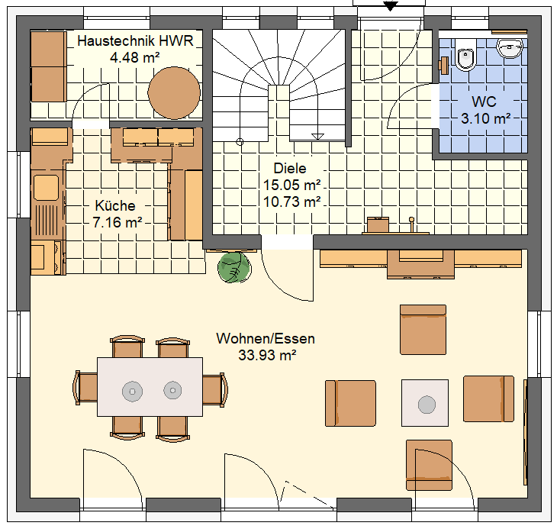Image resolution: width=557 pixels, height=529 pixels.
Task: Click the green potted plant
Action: click(234, 267)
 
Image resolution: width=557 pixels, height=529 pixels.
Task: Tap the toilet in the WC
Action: click(465, 55)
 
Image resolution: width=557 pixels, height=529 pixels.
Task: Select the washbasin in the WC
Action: click(510, 48)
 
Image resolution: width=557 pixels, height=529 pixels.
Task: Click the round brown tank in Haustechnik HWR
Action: click(174, 92)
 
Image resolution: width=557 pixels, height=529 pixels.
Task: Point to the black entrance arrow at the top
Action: click(390, 6)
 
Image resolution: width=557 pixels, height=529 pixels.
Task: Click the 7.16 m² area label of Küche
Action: click(118, 222)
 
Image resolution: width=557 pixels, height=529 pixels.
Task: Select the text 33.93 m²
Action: click(267, 355)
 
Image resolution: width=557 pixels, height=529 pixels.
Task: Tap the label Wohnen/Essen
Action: click(266, 339)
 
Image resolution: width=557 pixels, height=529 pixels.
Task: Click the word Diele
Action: click(290, 168)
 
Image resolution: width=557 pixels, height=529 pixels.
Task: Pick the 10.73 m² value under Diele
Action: click(291, 202)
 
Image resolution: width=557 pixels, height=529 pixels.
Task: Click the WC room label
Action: click(484, 102)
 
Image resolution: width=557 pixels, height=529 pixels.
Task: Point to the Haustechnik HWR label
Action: click(135, 41)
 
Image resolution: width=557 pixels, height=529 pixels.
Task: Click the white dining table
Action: click(150, 386)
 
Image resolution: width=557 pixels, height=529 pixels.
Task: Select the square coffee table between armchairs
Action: click(425, 402)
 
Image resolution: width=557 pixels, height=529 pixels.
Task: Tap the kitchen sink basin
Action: click(46, 187)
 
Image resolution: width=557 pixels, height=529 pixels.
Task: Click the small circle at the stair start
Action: click(240, 142)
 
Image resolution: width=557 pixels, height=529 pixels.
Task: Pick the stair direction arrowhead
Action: click(317, 137)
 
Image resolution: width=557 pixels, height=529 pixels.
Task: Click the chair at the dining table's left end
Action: click(85, 388)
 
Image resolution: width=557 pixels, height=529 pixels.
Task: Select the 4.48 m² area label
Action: click(134, 57)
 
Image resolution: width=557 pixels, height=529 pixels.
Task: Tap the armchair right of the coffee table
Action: click(488, 398)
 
